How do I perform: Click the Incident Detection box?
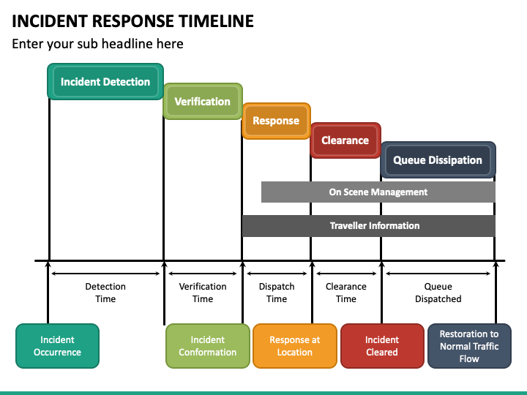click(105, 82)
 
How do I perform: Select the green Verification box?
click(203, 102)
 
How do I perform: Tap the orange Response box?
click(276, 121)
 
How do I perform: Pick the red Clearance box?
click(345, 140)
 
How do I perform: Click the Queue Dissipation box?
click(438, 160)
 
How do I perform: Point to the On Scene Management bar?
click(378, 192)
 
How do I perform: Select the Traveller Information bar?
click(369, 226)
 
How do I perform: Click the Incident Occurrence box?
click(58, 346)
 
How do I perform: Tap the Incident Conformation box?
click(208, 346)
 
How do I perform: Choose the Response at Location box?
click(295, 346)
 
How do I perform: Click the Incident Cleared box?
click(382, 346)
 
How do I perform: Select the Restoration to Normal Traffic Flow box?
click(469, 346)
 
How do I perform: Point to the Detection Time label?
click(105, 293)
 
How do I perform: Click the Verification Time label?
click(203, 293)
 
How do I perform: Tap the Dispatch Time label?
click(277, 293)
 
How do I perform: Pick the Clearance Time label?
click(345, 293)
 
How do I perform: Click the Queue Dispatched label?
click(438, 293)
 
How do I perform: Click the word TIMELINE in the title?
click(216, 21)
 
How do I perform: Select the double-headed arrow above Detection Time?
click(105, 274)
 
